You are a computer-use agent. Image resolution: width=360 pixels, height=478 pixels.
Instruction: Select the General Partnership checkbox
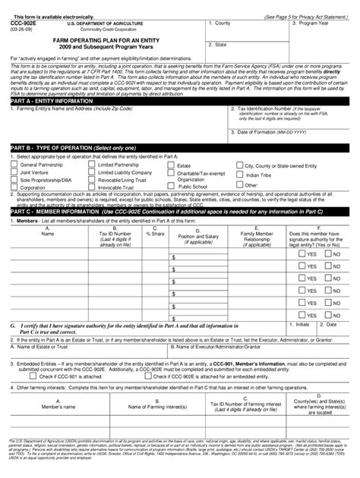13,164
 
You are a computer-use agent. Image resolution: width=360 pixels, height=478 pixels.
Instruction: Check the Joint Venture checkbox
13,171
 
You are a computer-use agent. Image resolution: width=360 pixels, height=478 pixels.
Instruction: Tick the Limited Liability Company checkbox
92,171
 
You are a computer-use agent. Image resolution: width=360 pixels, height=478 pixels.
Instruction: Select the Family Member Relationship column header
257,235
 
